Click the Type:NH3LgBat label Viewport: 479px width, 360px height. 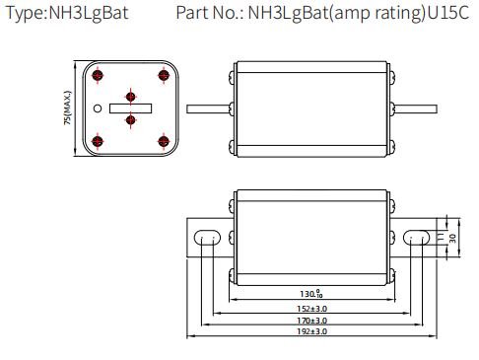click(67, 14)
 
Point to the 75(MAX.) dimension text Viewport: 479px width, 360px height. click(67, 108)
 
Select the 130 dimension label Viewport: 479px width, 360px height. click(311, 294)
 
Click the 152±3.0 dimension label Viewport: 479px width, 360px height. click(311, 309)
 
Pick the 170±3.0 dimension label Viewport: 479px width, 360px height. click(311, 321)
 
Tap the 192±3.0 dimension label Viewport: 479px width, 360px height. click(311, 331)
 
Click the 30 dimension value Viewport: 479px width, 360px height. click(452, 238)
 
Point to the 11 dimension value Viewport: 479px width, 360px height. click(441, 237)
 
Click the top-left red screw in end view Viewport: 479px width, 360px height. click(98, 75)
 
